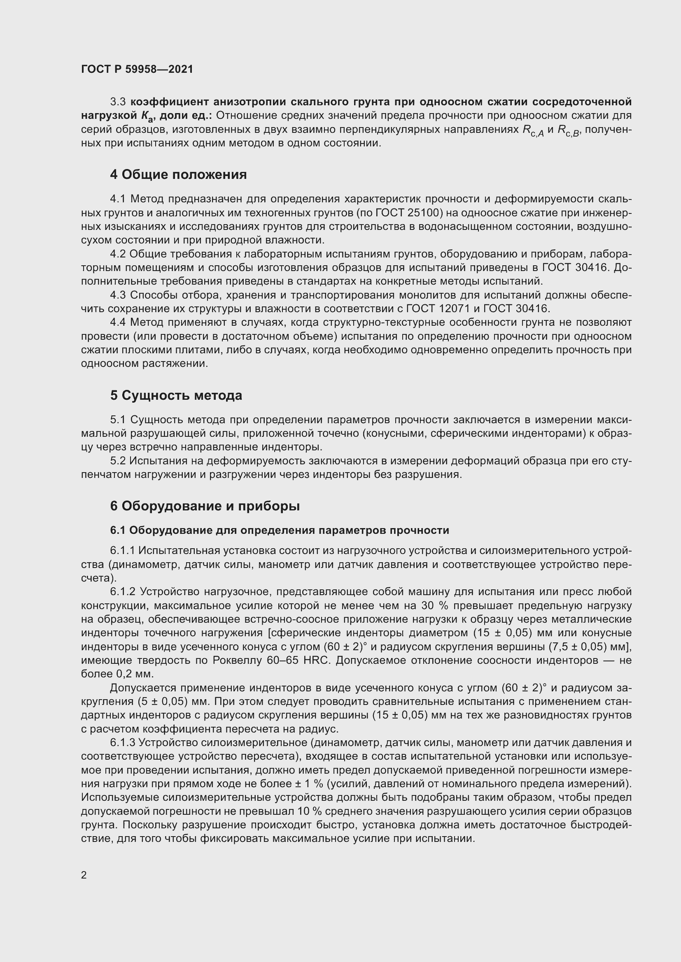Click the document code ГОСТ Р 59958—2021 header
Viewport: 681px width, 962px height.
pyautogui.click(x=137, y=69)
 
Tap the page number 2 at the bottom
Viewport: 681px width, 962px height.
pyautogui.click(x=84, y=875)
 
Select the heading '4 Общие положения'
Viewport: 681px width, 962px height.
pyautogui.click(x=178, y=174)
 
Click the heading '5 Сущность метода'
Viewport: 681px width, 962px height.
pyautogui.click(x=176, y=395)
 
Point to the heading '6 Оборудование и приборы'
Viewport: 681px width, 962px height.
pyautogui.click(x=205, y=506)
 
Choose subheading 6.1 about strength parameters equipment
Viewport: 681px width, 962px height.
pyautogui.click(x=279, y=530)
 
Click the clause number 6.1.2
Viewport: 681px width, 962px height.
pyautogui.click(x=123, y=591)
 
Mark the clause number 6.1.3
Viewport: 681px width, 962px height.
pyautogui.click(x=123, y=742)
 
